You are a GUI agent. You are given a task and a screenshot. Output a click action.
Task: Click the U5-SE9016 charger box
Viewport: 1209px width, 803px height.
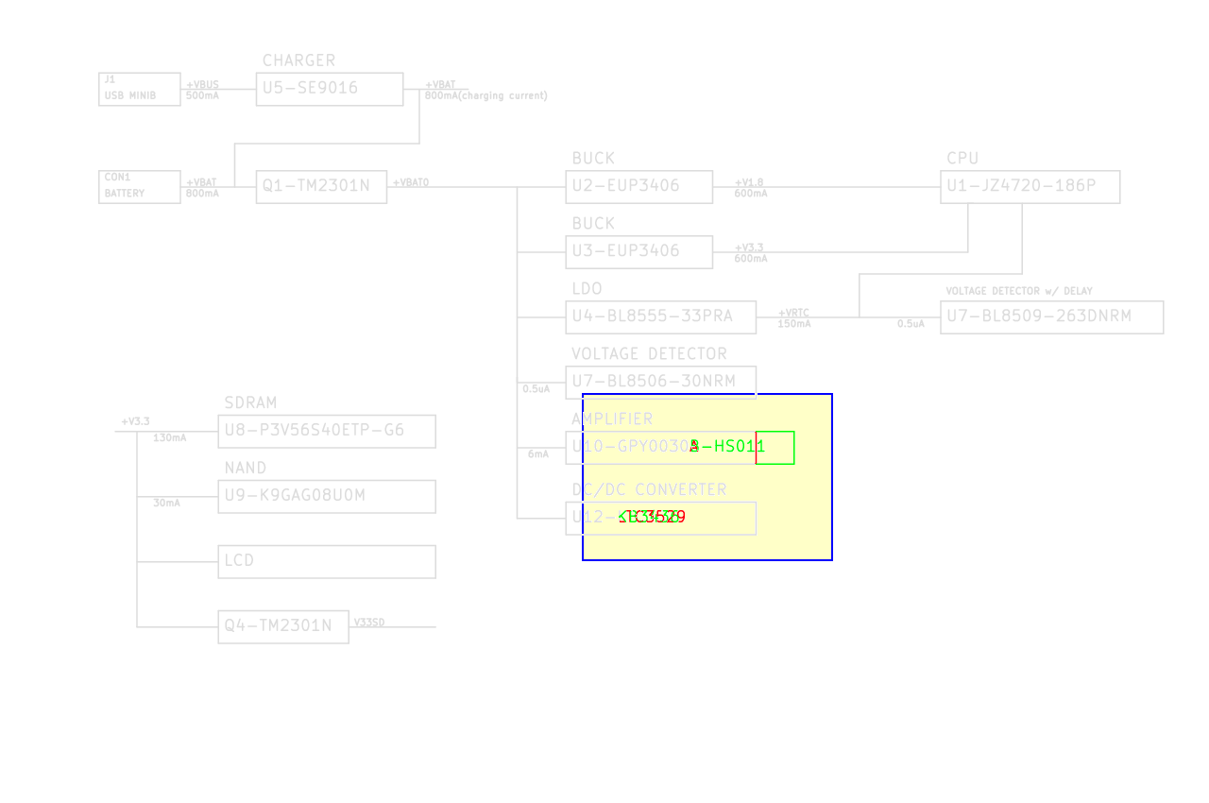point(329,89)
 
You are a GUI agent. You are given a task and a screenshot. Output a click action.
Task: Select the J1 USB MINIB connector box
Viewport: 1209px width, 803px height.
point(139,89)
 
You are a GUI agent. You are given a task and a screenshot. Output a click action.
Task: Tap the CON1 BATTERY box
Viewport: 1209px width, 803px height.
point(139,186)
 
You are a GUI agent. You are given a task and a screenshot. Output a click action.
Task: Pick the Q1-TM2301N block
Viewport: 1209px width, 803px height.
point(321,186)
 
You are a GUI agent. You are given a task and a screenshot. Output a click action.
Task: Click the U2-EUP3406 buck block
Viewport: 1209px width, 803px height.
point(639,186)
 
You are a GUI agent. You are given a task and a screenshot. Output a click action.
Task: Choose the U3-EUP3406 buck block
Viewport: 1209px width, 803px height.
point(639,251)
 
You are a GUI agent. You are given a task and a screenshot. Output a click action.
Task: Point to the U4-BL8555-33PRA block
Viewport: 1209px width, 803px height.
point(661,316)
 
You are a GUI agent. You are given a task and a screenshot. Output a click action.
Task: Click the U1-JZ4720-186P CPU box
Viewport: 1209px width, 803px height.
point(1030,186)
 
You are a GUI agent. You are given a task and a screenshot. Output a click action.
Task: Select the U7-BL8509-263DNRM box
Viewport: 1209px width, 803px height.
point(1051,316)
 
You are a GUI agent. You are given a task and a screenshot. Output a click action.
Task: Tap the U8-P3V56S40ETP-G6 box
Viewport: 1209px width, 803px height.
point(326,431)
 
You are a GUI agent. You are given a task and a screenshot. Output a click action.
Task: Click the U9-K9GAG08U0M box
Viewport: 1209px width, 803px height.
point(326,496)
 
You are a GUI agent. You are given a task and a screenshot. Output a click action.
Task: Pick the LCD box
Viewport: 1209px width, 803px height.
point(326,561)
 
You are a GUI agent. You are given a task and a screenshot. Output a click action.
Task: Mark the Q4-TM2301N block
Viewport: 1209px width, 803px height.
point(282,626)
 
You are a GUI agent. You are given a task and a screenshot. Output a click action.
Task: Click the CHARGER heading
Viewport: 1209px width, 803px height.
point(298,60)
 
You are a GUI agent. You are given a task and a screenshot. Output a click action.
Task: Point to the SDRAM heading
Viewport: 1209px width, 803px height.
point(250,403)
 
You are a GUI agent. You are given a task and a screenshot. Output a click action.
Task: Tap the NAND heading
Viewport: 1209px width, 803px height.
point(245,469)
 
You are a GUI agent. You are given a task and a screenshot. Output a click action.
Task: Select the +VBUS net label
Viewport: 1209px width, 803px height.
point(202,85)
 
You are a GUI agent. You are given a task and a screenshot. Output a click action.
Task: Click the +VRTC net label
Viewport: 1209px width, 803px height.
point(793,313)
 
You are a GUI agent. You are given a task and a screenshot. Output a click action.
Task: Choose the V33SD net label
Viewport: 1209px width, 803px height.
point(369,622)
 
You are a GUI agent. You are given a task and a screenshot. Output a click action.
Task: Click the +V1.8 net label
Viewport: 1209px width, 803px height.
point(749,182)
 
